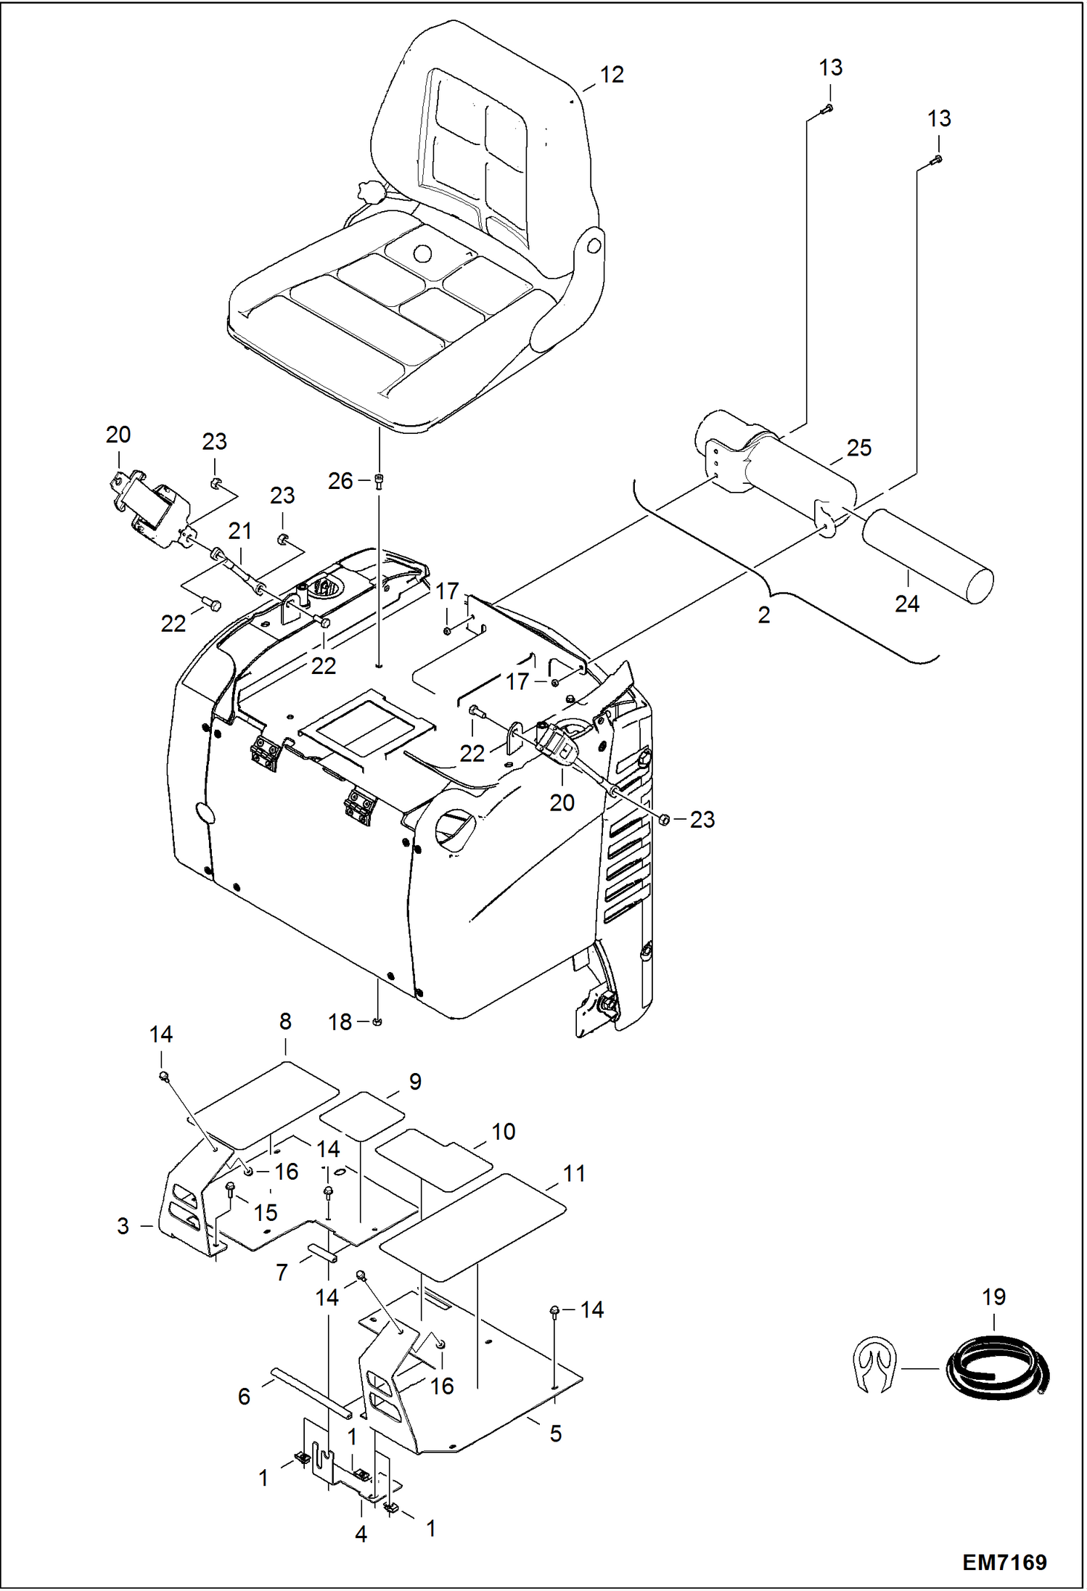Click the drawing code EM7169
[1004, 1562]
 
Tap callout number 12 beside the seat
[612, 75]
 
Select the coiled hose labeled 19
[998, 1370]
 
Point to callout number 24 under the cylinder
[906, 604]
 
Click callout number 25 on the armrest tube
[858, 448]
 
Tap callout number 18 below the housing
[340, 1022]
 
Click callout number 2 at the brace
[763, 615]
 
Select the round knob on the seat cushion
[422, 253]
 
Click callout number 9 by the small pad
[415, 1082]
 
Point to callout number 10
[503, 1132]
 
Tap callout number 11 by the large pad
[574, 1174]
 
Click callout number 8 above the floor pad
[285, 1021]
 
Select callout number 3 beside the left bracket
[123, 1226]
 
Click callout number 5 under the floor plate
[555, 1434]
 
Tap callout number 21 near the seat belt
[239, 531]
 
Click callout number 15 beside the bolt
[265, 1212]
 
